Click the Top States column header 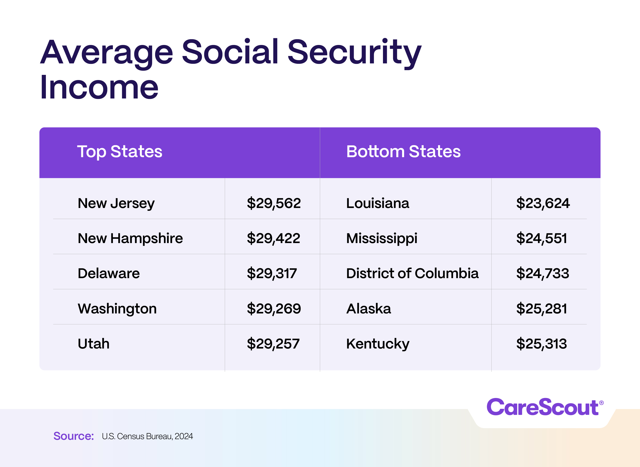pos(120,152)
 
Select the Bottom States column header pos(403,152)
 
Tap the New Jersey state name pos(116,203)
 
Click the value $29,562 pos(274,203)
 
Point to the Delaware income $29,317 pos(272,274)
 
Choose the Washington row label pos(117,309)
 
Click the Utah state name pos(94,344)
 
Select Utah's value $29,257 pos(273,344)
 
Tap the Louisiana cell pos(377,203)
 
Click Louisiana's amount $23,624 pos(543,203)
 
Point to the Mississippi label pos(382,239)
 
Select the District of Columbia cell pos(412,274)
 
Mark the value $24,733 pos(542,274)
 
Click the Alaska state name pos(369,309)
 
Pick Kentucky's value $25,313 pos(541,344)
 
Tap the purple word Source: pos(74,436)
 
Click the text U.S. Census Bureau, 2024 pos(147,436)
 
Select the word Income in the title pos(99,88)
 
